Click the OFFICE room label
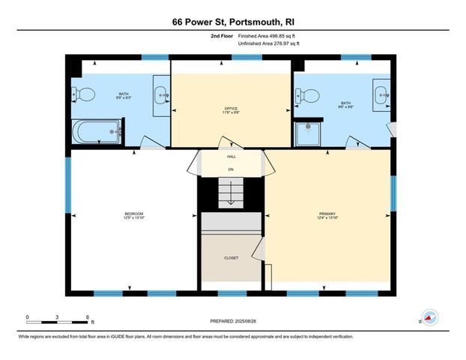231,110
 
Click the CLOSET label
231,258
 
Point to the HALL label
231,157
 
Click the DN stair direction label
231,169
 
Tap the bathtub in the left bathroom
96,133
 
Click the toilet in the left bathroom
84,94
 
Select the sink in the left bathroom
161,94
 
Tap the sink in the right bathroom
381,94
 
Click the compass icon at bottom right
430,316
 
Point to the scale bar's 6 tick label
88,317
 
